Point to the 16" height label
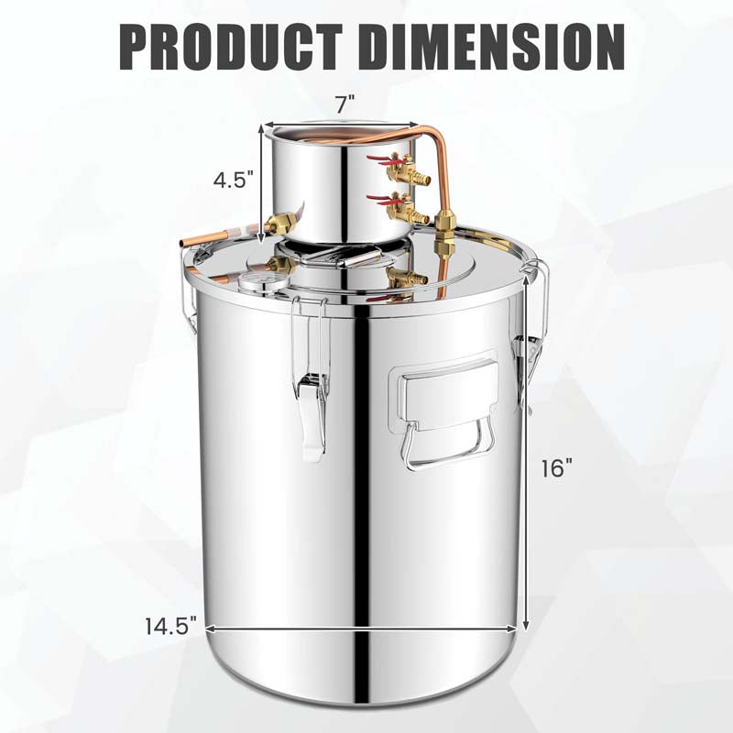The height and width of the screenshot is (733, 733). pos(556,467)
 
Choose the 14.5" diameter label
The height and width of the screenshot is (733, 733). pos(171,628)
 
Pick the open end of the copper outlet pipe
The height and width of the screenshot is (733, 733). pos(182,241)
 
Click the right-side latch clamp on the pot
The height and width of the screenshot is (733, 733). pos(528,357)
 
